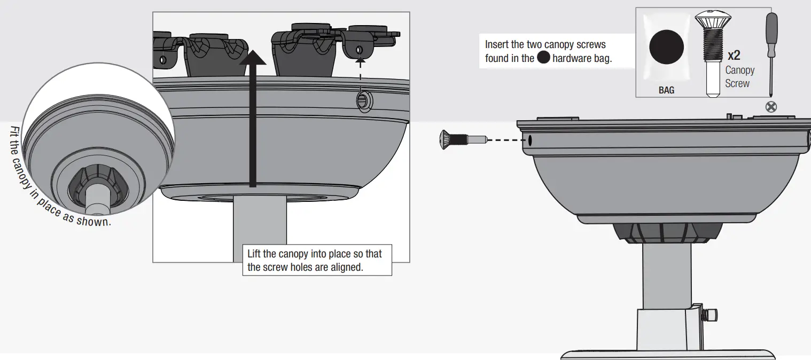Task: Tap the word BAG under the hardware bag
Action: tap(666, 90)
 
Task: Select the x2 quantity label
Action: tap(734, 55)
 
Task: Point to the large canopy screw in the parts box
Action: tap(708, 53)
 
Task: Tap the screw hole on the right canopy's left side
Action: tap(531, 141)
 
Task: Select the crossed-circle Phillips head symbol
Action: tap(771, 106)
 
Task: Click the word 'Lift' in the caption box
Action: tap(255, 254)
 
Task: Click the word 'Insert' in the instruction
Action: tap(497, 45)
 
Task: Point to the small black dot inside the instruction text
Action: tap(543, 58)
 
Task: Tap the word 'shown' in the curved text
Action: tap(93, 220)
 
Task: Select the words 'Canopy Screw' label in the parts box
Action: tap(739, 77)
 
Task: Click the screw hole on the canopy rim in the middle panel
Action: tap(363, 100)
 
